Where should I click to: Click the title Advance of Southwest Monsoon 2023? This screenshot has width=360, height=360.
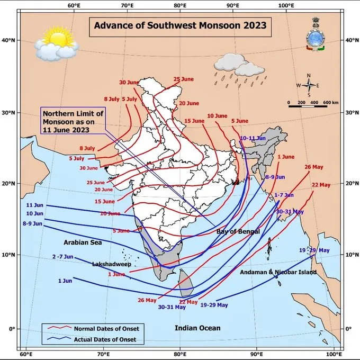179,25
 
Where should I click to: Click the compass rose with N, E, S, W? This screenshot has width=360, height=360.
308,85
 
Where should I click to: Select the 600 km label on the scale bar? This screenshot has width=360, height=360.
330,102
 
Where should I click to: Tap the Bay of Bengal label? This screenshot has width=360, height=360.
238,232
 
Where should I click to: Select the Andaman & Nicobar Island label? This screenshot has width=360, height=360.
278,272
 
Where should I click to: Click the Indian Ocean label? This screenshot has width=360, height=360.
197,328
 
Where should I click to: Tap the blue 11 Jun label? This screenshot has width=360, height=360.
34,204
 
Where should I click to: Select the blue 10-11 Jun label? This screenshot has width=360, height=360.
253,138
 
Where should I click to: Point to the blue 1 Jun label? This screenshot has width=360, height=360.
65,280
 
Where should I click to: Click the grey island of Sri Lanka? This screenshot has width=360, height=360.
185,283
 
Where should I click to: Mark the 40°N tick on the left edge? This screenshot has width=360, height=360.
10,40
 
